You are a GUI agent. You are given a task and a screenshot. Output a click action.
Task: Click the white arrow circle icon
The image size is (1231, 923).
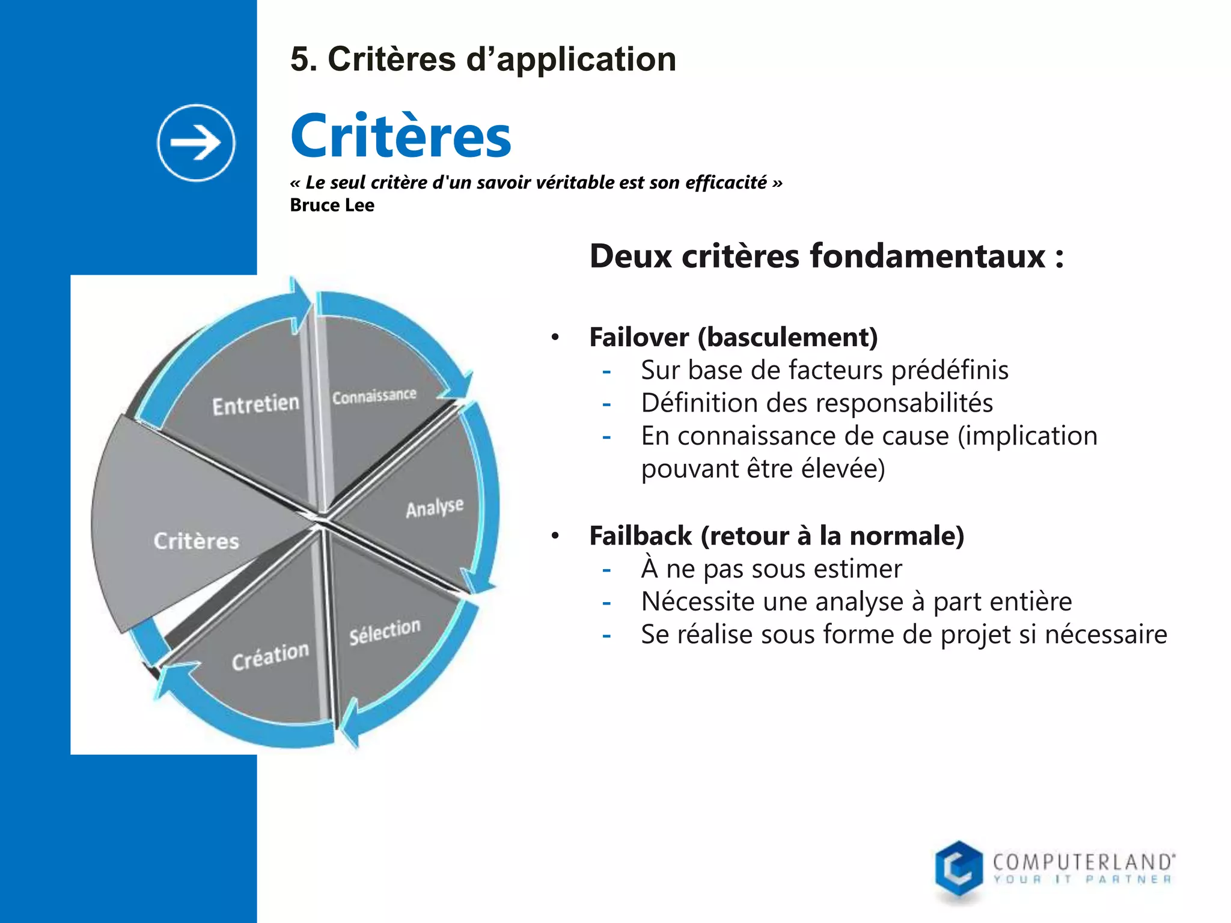coord(196,143)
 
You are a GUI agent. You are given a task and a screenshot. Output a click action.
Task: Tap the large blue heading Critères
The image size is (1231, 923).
coord(401,137)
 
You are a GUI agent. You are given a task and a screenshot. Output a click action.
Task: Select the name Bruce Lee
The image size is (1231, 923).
coord(332,206)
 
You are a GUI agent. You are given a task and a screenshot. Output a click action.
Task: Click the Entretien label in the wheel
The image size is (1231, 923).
coord(255,404)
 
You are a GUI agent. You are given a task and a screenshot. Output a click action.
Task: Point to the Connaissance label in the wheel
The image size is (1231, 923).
coord(374,396)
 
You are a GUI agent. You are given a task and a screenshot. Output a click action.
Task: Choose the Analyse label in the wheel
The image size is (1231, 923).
coord(435,508)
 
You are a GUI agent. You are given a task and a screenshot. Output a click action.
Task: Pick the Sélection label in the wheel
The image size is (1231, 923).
coord(385,632)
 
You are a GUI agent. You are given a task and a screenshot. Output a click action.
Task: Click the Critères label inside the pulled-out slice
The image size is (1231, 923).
coord(196,541)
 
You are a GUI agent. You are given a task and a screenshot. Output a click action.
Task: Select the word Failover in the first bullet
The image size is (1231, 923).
coord(638,337)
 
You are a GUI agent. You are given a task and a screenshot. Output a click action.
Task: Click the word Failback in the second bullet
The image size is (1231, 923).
coord(640,535)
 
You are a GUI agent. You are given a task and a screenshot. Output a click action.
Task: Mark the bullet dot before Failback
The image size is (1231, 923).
coord(555,535)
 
